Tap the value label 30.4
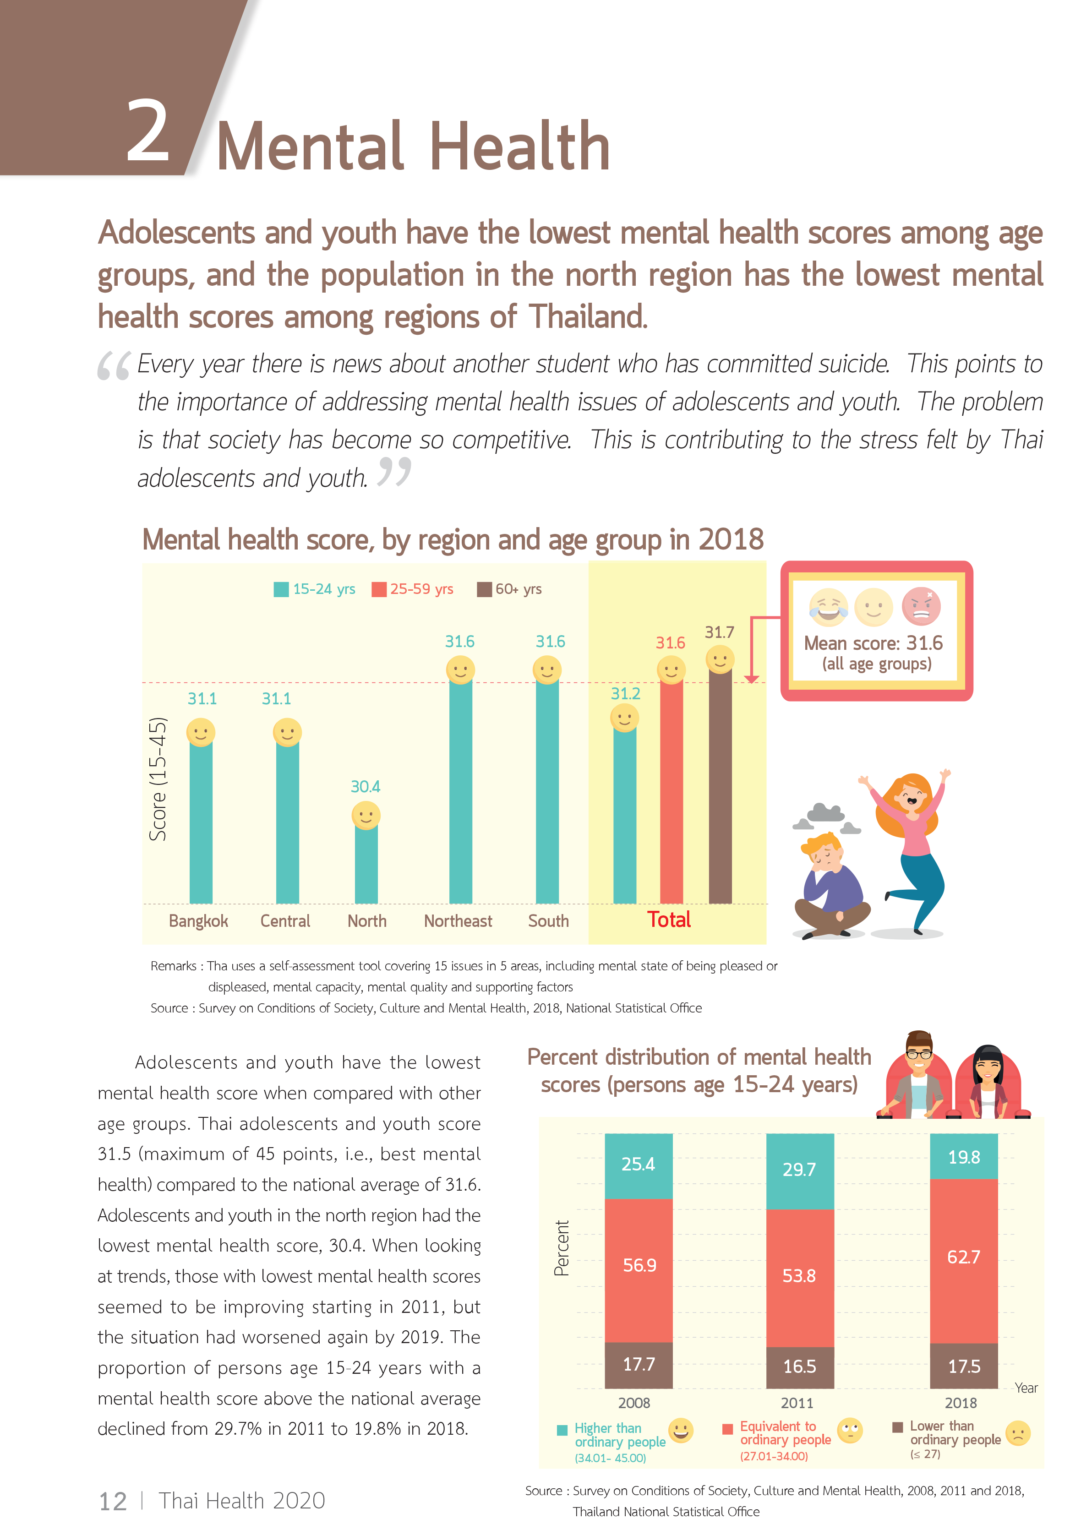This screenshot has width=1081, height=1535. pos(365,786)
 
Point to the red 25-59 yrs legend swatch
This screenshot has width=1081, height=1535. pos(379,589)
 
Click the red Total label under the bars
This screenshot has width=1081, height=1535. pos(668,920)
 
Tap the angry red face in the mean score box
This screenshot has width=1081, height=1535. pos(921,606)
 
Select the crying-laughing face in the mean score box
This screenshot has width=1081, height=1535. pos(828,606)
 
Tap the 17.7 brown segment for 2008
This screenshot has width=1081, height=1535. pos(639,1365)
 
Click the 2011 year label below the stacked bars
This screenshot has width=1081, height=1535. pos(797,1403)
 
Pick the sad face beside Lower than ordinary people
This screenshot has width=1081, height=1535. pos(1018,1433)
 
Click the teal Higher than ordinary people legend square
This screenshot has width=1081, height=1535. pos(562,1431)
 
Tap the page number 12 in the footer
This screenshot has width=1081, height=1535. pos(112,1502)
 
